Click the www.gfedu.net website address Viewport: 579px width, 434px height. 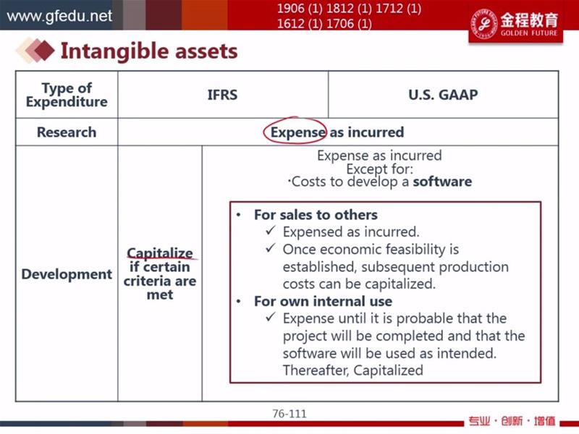point(59,16)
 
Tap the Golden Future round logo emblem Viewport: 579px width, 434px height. point(483,23)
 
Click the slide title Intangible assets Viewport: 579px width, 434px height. point(149,51)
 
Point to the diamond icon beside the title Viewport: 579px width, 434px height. point(35,50)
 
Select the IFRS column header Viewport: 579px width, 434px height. point(222,95)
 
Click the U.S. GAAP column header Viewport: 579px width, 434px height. point(443,95)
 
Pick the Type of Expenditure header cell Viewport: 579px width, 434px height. point(67,95)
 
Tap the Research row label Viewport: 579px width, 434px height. point(67,132)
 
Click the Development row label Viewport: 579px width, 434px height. point(67,274)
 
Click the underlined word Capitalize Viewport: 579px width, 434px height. point(160,253)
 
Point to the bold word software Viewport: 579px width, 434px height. point(442,182)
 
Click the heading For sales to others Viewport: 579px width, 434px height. point(316,215)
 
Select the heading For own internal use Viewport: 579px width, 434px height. point(323,301)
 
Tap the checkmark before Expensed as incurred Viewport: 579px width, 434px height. point(270,231)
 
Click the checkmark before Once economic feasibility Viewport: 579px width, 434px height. point(270,248)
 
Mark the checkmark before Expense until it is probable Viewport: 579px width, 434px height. point(270,317)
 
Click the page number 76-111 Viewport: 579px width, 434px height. point(289,414)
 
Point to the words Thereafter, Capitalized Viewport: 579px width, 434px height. point(353,370)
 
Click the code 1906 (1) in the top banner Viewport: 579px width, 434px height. point(301,9)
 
